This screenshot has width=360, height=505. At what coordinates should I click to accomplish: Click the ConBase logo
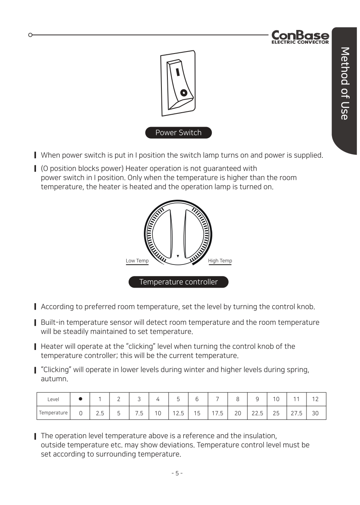[300, 37]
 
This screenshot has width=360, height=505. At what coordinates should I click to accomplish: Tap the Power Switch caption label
[178, 133]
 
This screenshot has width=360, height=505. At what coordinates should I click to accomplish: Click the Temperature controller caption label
[178, 282]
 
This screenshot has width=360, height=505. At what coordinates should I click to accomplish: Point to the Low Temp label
[137, 261]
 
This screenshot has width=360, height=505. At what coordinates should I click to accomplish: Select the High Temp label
[220, 261]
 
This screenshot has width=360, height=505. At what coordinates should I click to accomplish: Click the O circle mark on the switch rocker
[183, 93]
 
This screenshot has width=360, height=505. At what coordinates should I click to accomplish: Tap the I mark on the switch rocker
[177, 72]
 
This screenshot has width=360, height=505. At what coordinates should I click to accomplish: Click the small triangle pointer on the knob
[178, 256]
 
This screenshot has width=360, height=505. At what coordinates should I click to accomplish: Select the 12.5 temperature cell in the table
[178, 413]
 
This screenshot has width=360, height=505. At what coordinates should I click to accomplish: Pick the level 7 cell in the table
[217, 399]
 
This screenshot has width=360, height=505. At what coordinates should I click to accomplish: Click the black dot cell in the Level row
[81, 399]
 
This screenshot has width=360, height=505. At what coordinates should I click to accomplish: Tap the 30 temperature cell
[315, 413]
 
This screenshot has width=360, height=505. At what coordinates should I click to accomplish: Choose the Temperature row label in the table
[53, 413]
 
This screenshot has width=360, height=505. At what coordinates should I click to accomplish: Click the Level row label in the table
[53, 399]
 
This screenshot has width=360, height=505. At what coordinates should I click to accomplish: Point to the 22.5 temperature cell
[257, 413]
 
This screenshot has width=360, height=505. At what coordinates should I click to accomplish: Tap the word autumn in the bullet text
[54, 379]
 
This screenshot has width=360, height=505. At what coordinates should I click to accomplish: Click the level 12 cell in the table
[315, 399]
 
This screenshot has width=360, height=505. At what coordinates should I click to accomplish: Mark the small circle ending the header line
[30, 35]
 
